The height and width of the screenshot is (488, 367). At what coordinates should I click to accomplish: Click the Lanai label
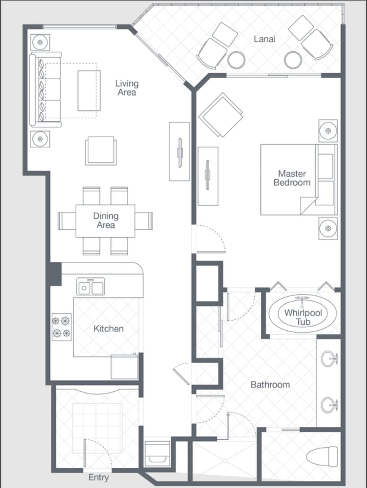[x=264, y=39]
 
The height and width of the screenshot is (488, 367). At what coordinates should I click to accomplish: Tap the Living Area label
[x=127, y=88]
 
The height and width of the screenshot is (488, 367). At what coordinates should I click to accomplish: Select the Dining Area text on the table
[x=106, y=221]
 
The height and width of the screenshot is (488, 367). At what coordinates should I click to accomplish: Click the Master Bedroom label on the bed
[x=292, y=178]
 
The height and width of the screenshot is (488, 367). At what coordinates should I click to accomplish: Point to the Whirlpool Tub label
[x=303, y=317]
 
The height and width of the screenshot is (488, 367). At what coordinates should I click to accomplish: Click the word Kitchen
[x=109, y=329]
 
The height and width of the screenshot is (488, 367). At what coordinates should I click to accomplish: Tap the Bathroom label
[x=270, y=385]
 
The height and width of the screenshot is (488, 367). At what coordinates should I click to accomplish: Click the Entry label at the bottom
[x=99, y=477]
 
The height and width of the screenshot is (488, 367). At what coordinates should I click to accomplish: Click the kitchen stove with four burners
[x=62, y=327]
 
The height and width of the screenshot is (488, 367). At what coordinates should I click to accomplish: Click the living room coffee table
[x=89, y=90]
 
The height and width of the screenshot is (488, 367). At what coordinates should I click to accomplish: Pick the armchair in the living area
[x=101, y=151]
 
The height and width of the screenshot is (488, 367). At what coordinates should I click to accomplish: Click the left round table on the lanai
[x=236, y=60]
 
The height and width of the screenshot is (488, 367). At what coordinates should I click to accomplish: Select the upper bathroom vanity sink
[x=328, y=358]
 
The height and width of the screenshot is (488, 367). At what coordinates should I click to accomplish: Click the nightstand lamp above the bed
[x=328, y=131]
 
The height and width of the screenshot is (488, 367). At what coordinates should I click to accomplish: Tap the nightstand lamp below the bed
[x=328, y=229]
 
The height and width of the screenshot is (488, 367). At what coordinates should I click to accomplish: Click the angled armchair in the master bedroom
[x=221, y=114]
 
